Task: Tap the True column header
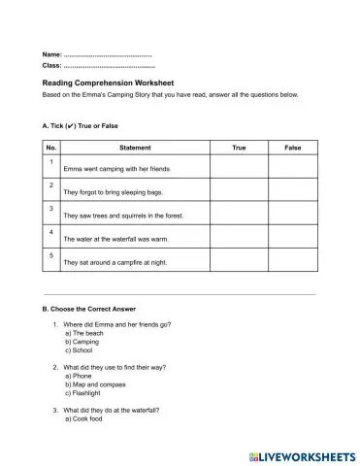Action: coord(240,148)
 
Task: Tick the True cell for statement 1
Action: coord(240,167)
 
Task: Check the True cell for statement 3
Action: coord(240,214)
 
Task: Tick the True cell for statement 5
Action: coord(240,260)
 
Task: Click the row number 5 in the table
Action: coord(51,255)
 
